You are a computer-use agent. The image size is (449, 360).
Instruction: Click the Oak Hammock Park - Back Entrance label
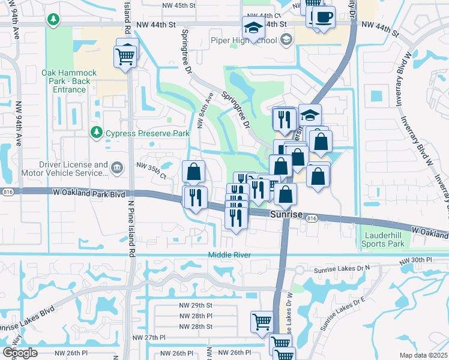(x=64, y=81)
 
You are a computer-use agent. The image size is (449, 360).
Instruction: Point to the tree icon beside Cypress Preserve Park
(x=95, y=131)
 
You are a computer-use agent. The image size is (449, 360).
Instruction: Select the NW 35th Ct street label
(x=151, y=166)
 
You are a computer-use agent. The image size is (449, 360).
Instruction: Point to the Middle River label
(x=229, y=255)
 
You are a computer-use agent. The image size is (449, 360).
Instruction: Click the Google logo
(x=20, y=353)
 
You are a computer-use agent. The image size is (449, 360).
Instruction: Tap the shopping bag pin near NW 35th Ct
(x=193, y=172)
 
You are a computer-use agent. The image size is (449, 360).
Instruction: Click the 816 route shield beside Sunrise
(x=311, y=220)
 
